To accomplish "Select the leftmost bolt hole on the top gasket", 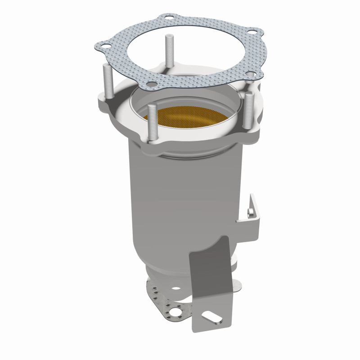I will [103, 45].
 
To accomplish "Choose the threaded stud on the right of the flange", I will [248, 110].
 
